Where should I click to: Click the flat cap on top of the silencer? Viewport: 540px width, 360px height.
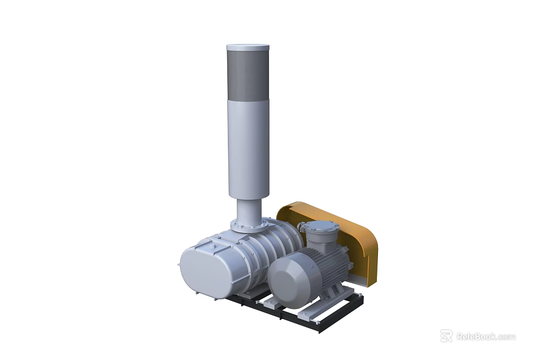[248, 48]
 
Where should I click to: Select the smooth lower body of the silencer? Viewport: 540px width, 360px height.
[248, 146]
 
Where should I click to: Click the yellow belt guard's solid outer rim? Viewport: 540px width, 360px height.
[368, 242]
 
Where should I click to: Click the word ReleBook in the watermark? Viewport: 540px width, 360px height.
[476, 336]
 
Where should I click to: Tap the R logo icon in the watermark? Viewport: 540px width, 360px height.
[446, 336]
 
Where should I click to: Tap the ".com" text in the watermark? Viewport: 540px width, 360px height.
[506, 336]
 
